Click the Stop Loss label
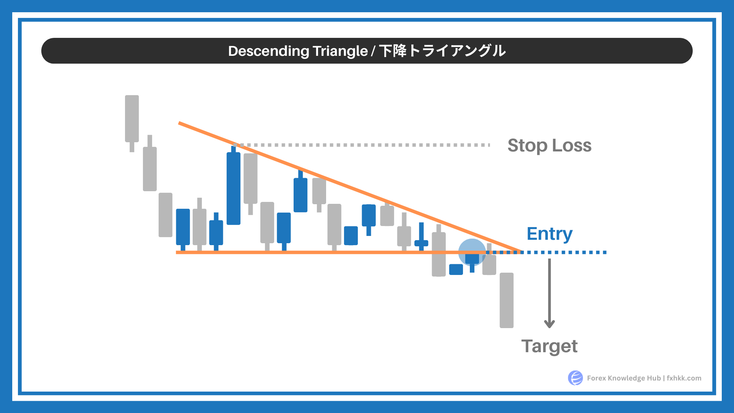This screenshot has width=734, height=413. (x=549, y=146)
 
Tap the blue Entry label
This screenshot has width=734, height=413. (x=549, y=234)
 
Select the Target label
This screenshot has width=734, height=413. (x=549, y=346)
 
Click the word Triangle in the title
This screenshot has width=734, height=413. (x=340, y=51)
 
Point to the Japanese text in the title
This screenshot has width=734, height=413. (x=442, y=51)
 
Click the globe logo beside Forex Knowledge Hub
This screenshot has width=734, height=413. (x=575, y=378)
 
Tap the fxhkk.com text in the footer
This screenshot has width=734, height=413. (x=684, y=378)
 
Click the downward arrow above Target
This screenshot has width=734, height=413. (x=549, y=293)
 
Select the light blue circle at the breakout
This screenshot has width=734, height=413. (x=472, y=252)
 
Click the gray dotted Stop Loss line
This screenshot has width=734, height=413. (x=362, y=145)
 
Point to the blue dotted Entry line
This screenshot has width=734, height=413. (x=547, y=252)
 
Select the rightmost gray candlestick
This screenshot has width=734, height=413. (x=507, y=300)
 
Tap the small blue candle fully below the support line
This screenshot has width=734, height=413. (x=456, y=269)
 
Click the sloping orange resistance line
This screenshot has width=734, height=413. (x=349, y=187)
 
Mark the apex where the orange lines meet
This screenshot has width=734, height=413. (x=520, y=252)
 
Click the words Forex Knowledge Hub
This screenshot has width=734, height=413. (x=624, y=378)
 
